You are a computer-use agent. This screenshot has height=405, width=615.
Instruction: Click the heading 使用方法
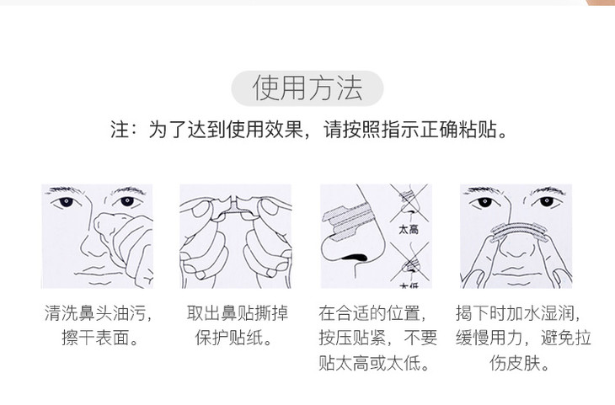(x=307, y=88)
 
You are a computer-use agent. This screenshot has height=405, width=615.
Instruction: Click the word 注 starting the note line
(x=120, y=130)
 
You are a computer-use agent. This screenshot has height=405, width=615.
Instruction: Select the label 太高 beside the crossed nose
(x=409, y=229)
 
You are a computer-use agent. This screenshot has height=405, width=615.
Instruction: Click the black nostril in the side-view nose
(x=355, y=258)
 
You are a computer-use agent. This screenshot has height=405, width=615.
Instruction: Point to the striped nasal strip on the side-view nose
(x=347, y=221)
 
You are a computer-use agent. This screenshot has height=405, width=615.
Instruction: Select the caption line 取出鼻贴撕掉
(x=238, y=313)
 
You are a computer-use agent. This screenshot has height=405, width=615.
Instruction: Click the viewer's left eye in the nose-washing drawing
(x=66, y=202)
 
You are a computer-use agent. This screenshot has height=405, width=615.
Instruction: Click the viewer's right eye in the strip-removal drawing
(x=546, y=202)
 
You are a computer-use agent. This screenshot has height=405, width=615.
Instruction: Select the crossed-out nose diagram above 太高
(x=409, y=203)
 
